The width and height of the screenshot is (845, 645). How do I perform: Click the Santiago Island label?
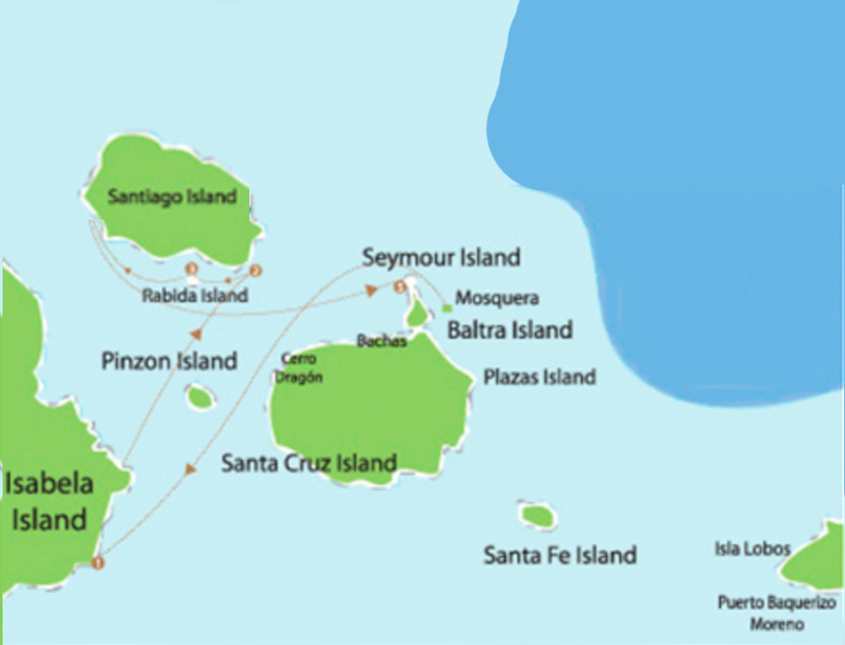172,196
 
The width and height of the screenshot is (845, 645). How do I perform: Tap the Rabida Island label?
194,296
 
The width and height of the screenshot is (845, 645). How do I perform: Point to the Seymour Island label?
442,257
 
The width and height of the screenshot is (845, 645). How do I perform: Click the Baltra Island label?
509,330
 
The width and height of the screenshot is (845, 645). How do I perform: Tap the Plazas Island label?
540,377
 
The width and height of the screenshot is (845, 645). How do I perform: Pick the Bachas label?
382,341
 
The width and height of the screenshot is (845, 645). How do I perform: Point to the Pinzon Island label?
169,361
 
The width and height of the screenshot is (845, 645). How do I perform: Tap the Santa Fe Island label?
560,554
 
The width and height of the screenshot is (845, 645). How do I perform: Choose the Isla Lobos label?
752,550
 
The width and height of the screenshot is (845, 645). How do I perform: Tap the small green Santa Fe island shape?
537,515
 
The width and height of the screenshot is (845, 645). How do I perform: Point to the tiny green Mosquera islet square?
447,308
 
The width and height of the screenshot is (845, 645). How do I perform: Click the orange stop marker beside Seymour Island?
400,285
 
